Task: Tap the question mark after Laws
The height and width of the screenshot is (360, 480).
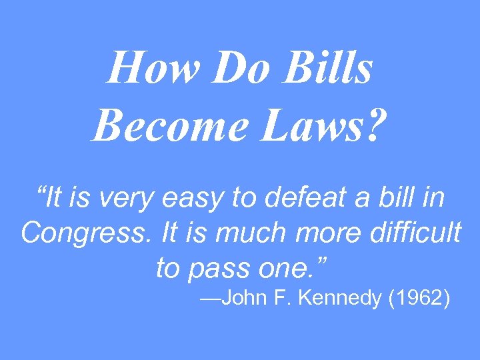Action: coord(375,124)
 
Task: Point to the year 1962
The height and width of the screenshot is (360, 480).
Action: coord(420,299)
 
